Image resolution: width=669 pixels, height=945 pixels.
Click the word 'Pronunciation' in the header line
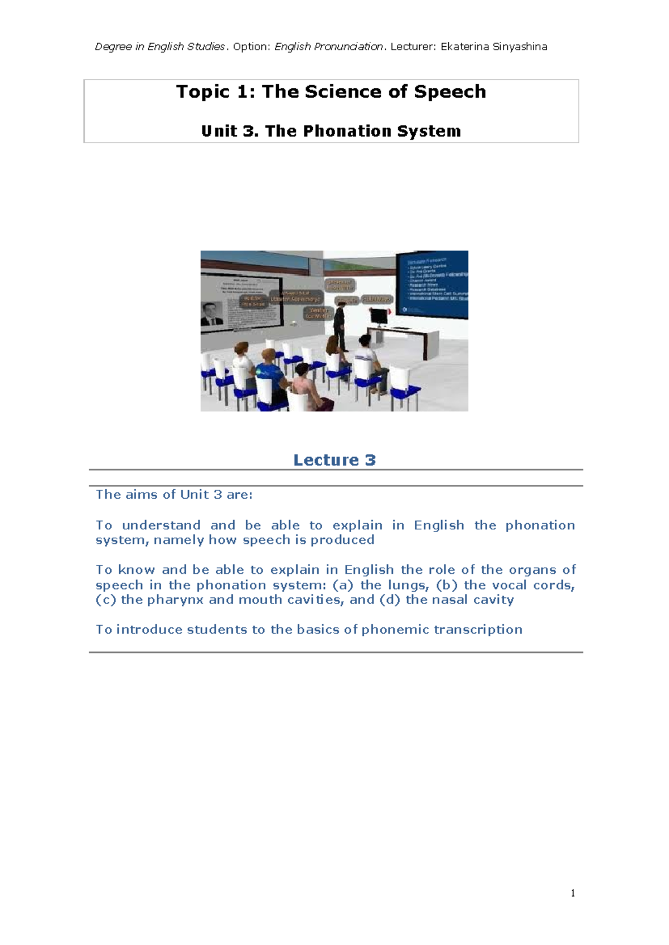click(x=348, y=47)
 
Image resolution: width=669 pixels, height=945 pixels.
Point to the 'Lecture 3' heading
click(x=334, y=460)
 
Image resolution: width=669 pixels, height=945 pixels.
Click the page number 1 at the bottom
click(x=573, y=893)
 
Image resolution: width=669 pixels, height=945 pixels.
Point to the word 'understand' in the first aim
click(x=161, y=525)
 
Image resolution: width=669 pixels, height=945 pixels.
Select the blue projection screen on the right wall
click(x=433, y=285)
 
